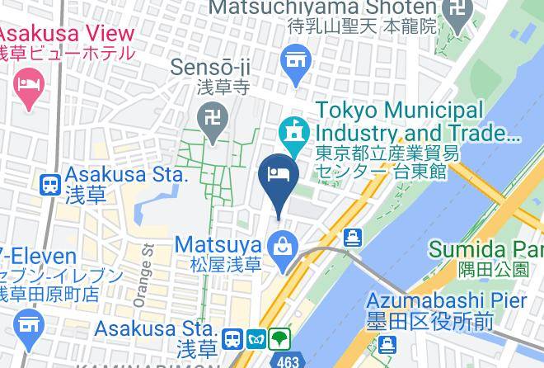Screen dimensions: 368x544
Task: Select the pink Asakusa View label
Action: pos(66,34)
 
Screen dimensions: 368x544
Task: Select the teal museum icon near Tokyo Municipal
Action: pos(292,130)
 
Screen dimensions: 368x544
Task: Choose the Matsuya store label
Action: pos(218,244)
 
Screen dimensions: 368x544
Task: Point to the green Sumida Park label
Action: pos(485,248)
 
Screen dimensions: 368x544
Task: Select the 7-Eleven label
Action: pos(38,257)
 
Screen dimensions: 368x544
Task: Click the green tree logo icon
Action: pos(280,338)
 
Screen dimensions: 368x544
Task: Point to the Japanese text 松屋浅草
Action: pos(226,265)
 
